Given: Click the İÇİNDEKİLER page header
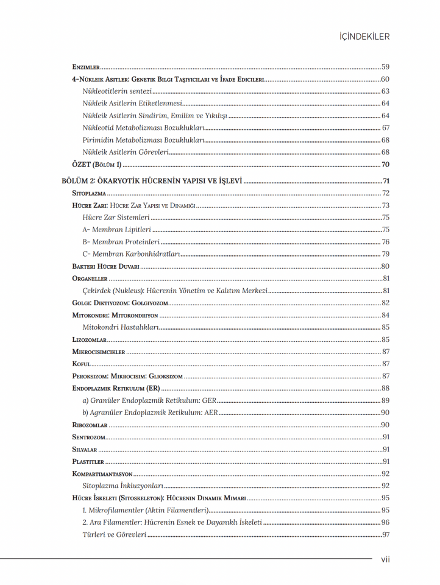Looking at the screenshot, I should click(364, 37).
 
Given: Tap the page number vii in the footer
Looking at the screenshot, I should click(385, 559).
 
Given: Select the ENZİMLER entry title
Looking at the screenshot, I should click(85, 67).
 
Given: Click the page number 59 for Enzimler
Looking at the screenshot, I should click(385, 67).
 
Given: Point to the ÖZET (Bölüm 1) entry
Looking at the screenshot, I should click(98, 165).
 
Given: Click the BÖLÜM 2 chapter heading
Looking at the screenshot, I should click(152, 181).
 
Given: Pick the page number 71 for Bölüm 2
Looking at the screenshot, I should click(385, 181).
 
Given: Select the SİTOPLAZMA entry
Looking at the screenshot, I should click(89, 193).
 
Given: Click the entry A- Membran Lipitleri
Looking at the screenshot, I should click(116, 230).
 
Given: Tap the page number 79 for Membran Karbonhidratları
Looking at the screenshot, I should click(385, 254).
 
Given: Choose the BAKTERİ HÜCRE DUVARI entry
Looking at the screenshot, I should click(105, 266).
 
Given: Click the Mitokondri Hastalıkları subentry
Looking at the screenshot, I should click(120, 327).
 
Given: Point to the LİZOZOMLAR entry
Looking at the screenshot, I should click(89, 339).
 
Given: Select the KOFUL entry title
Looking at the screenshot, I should click(81, 364).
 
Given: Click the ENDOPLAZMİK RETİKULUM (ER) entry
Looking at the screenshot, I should click(116, 388).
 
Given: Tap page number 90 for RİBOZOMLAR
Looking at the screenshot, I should click(385, 425).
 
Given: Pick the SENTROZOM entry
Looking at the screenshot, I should click(88, 437).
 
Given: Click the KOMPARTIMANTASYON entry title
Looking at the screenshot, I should click(102, 473).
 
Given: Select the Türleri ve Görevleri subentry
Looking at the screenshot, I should click(114, 534).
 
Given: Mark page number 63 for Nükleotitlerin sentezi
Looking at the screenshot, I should click(385, 91).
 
